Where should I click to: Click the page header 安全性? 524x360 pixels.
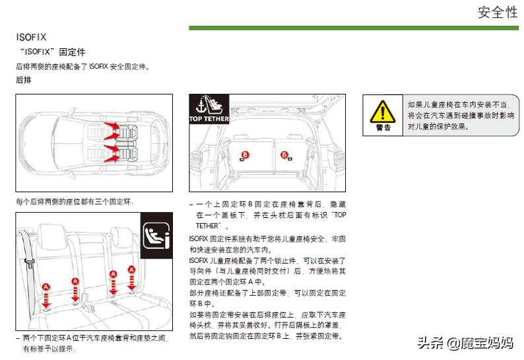pos(498,13)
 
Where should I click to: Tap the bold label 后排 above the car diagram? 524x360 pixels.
pos(23,79)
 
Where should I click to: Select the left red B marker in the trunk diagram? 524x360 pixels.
pos(246,155)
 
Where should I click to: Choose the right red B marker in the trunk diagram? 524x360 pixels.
pos(285,155)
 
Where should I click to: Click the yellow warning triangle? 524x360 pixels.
pos(383,110)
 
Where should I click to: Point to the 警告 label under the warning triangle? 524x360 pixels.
pos(383,127)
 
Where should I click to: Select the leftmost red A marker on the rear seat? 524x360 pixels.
pos(46,287)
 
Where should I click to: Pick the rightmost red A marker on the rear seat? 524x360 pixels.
pos(132,270)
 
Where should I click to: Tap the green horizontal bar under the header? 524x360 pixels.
pos(356,28)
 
